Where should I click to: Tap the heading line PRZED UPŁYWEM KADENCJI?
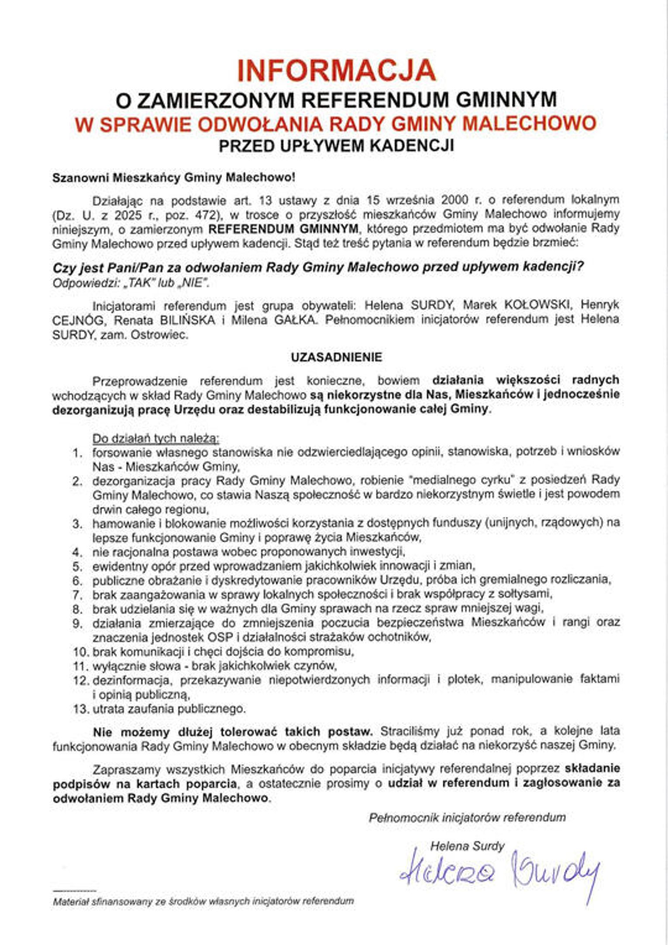(x=336, y=145)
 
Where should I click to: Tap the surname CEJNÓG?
(x=78, y=320)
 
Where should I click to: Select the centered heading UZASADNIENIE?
(x=336, y=357)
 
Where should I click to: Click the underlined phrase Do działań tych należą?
(x=155, y=438)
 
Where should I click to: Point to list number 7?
(x=78, y=594)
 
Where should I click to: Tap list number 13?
(x=81, y=709)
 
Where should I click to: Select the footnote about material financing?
(x=203, y=901)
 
